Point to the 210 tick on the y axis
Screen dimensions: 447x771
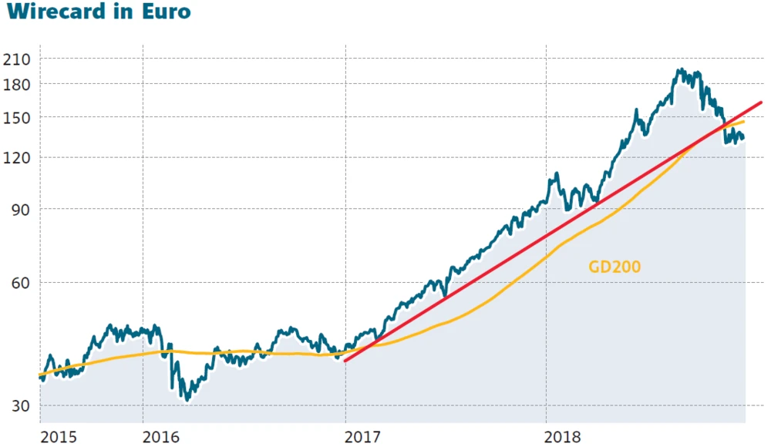(x=17, y=59)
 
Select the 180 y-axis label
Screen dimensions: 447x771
(x=17, y=83)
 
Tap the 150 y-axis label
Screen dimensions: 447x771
(x=17, y=117)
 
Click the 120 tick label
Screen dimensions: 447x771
(x=17, y=158)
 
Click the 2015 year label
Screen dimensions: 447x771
(x=59, y=437)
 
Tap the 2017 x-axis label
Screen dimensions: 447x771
(x=363, y=437)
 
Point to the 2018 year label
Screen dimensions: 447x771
(x=564, y=437)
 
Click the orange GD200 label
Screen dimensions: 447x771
(x=614, y=267)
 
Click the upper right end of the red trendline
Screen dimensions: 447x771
(x=761, y=103)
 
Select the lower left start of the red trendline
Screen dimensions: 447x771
(x=345, y=361)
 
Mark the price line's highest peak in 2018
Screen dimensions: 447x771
(x=679, y=70)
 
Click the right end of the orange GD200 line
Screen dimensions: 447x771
(x=744, y=122)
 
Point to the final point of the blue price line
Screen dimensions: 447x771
(x=743, y=139)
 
